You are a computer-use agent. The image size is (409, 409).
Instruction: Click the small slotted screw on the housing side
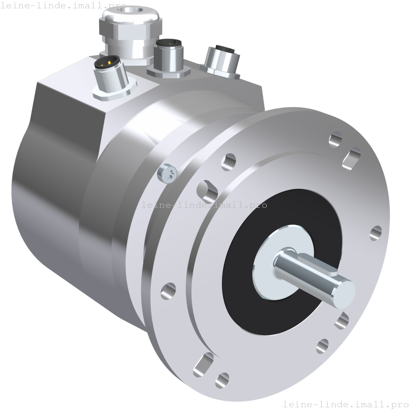(167, 172)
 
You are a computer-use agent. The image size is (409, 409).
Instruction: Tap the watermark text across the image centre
(204, 205)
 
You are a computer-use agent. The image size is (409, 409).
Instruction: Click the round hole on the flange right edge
(376, 233)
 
